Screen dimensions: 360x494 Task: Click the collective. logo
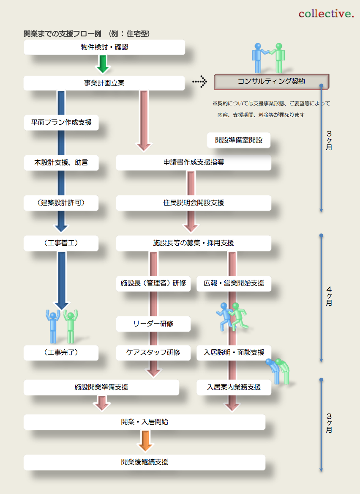326,14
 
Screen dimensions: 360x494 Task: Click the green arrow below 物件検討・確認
103,64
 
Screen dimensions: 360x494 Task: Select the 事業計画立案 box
104,83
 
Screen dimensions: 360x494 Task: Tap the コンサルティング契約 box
271,82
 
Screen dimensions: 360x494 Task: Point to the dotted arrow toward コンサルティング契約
200,82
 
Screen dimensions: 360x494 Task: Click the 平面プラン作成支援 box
61,123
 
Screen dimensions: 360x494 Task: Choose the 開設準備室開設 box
239,140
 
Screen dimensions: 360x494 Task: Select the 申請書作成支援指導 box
194,162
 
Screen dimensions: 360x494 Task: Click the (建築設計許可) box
61,203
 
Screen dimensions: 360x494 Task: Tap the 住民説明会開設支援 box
194,203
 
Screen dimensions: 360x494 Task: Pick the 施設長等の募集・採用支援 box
194,243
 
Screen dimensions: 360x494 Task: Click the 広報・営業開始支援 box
234,283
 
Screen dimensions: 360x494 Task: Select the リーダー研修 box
153,324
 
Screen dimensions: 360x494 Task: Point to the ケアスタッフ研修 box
153,353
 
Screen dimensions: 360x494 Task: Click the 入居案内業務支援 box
234,387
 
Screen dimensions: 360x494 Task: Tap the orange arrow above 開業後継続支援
145,441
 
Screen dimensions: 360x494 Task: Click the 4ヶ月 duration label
329,296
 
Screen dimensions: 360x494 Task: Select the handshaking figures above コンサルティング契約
268,58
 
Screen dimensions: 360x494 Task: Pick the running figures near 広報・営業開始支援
232,316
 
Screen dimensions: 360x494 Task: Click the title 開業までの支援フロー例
63,34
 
